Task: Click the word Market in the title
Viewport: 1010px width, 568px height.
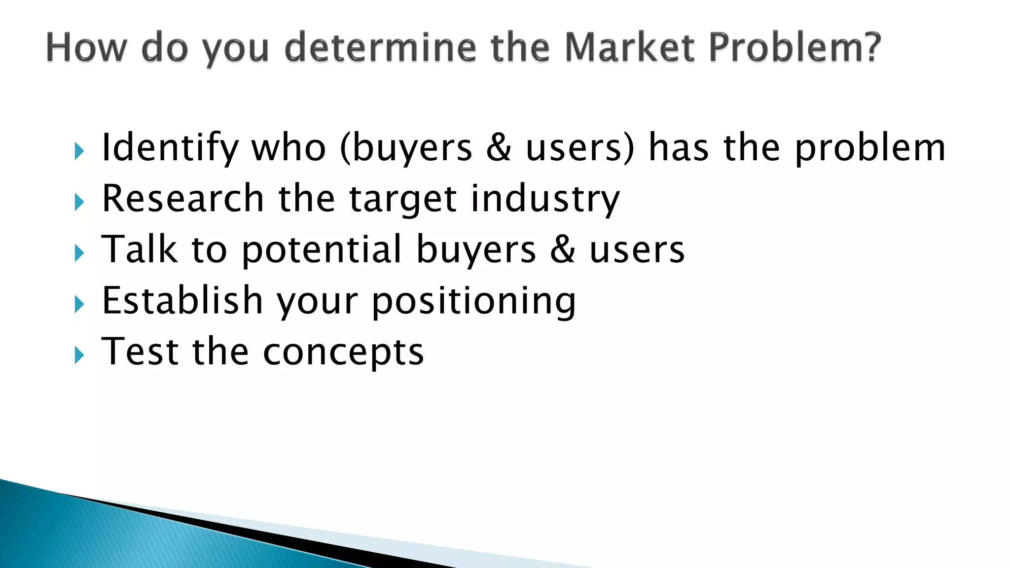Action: [x=629, y=47]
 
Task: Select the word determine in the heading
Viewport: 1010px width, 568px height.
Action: [x=380, y=47]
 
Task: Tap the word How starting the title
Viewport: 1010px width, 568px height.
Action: [x=86, y=47]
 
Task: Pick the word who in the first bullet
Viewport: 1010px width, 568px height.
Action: [x=289, y=148]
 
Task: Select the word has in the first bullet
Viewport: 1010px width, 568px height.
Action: [x=679, y=148]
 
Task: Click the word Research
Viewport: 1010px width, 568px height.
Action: [x=183, y=198]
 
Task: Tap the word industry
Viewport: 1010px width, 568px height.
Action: [x=545, y=199]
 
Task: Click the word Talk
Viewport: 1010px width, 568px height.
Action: [x=139, y=249]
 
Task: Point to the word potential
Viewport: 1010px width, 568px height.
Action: [x=322, y=250]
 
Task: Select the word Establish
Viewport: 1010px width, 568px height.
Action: [x=182, y=300]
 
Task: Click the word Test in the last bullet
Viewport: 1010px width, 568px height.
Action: [x=140, y=352]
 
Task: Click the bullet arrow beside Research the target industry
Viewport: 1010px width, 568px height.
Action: [x=79, y=202]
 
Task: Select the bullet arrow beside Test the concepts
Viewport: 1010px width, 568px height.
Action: [x=79, y=355]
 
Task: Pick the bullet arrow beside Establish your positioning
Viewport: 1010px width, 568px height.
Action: [x=79, y=304]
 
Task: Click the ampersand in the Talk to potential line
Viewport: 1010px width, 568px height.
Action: [x=562, y=249]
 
